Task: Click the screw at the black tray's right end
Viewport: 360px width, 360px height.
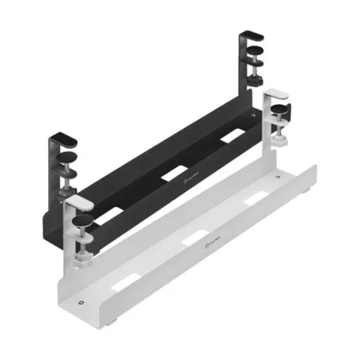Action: pyautogui.click(x=254, y=115)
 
